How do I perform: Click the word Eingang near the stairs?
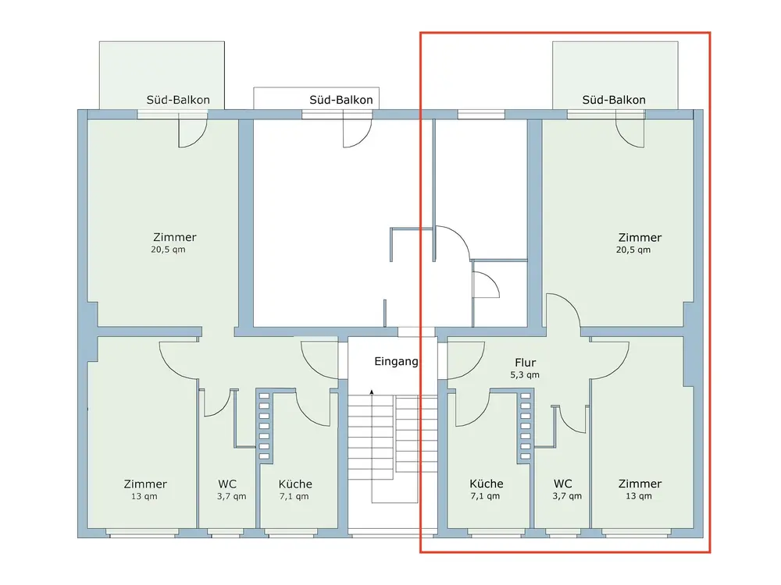tap(396, 362)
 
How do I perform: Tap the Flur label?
tap(525, 363)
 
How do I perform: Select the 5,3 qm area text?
tap(525, 375)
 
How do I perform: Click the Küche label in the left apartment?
tap(295, 484)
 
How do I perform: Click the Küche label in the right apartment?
tap(486, 484)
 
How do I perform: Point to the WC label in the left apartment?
tap(227, 484)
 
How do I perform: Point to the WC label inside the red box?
tap(563, 484)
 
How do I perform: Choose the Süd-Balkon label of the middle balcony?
tap(341, 100)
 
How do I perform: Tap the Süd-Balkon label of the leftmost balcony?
tap(178, 100)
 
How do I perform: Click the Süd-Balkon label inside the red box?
tap(614, 100)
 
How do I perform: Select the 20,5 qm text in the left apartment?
tap(168, 250)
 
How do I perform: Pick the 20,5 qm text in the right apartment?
tap(633, 250)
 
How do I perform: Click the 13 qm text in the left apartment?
tap(144, 496)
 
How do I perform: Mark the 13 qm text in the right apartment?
tap(639, 496)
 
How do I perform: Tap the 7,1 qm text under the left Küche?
tap(294, 496)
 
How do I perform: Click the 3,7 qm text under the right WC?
tap(567, 496)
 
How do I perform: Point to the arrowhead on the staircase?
tap(372, 392)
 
